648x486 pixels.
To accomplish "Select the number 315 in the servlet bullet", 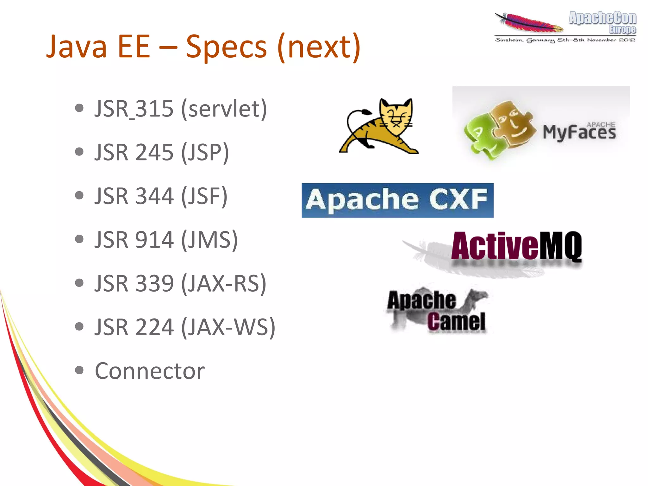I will coord(154,109).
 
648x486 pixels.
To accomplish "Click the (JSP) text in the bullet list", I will coord(205,152).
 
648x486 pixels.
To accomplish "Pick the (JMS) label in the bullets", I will coord(209,240).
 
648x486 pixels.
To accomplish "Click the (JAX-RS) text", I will coord(224,283).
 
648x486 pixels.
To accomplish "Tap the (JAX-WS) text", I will coord(228,327).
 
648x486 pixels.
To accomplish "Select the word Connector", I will coord(150,371).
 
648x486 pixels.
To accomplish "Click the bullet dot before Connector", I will coord(79,370).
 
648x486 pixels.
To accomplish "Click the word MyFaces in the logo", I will coord(579,132).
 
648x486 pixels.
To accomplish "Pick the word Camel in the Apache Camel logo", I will coord(456,321).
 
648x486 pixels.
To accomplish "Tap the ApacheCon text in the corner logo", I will coord(602,18).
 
